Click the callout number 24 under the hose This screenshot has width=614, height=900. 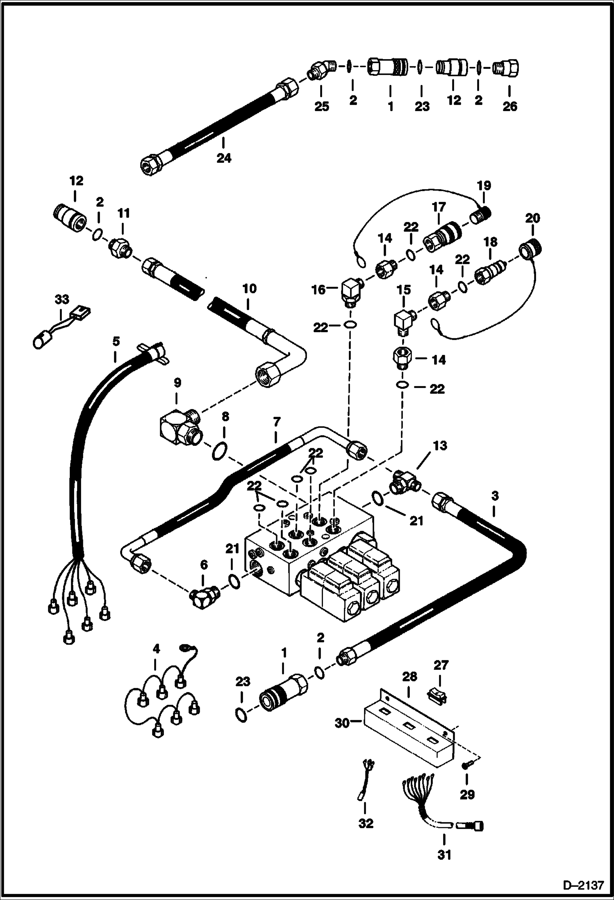coord(224,158)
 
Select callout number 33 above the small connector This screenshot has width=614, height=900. coord(62,299)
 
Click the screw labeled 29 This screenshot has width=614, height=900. coord(469,764)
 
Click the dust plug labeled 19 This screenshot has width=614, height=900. coord(482,215)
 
